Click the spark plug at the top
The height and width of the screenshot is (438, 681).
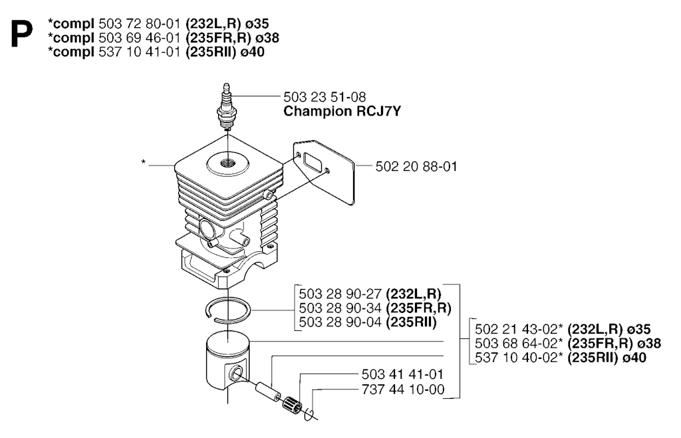click(226, 106)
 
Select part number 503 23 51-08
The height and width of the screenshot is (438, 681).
click(325, 97)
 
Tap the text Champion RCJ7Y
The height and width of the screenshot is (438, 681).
click(342, 112)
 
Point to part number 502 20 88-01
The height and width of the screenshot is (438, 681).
click(416, 166)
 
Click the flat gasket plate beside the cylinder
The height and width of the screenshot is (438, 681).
click(324, 171)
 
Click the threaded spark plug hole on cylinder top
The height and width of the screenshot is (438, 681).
click(227, 164)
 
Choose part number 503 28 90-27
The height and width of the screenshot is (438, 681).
click(340, 294)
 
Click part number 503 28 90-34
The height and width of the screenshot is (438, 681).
click(340, 308)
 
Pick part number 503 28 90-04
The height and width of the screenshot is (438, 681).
click(340, 322)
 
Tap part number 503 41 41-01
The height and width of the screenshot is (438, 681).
click(402, 374)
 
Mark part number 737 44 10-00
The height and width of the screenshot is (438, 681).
click(402, 389)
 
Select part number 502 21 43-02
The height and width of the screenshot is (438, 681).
click(519, 329)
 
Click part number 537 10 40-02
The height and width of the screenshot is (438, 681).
click(519, 358)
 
